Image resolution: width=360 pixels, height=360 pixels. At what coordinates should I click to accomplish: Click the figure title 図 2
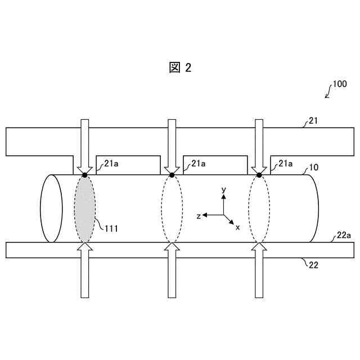(x=180, y=68)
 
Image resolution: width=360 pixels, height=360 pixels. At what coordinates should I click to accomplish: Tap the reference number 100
(x=339, y=84)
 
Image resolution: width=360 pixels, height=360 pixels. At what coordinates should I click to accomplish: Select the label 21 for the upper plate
(x=313, y=120)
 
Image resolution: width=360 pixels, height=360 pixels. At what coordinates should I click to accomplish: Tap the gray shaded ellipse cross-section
(x=85, y=209)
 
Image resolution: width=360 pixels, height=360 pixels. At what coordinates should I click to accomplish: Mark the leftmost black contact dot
(x=85, y=175)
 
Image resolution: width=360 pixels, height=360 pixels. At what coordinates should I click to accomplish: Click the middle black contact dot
(x=172, y=175)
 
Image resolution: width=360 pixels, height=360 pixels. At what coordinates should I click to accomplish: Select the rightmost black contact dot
(x=259, y=175)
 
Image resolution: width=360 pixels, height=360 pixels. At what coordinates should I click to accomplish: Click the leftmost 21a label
(x=111, y=164)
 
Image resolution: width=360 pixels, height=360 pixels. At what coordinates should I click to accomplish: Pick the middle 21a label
(x=198, y=164)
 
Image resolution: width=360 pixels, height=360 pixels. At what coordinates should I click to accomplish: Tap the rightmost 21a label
(x=285, y=164)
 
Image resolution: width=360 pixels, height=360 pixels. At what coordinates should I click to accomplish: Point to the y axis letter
(x=224, y=190)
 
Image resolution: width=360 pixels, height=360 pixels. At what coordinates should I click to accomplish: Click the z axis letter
(x=199, y=215)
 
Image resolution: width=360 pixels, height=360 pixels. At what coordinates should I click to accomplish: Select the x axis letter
(x=237, y=227)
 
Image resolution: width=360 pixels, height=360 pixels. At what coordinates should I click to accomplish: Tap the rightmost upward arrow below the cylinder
(x=259, y=270)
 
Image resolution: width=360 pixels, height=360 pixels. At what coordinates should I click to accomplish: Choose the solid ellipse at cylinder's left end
(x=51, y=209)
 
